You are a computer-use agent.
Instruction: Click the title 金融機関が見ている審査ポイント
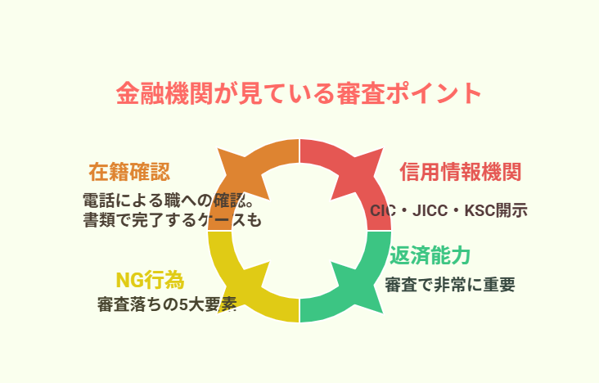tap(299, 93)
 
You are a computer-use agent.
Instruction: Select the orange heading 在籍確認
tap(129, 172)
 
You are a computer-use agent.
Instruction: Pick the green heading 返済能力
tap(430, 255)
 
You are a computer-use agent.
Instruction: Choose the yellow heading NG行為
tap(150, 280)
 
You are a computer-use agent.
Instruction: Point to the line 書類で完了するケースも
tap(172, 220)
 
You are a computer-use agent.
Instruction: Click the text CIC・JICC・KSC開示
tap(449, 210)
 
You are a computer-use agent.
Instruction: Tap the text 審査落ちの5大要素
tap(167, 304)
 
